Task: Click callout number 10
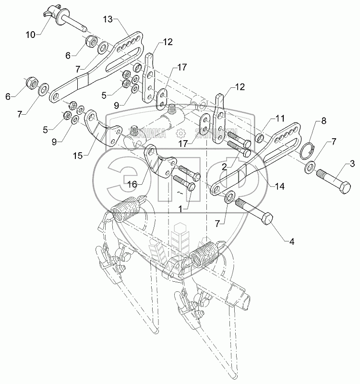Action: tap(31, 35)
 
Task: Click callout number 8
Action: tap(324, 120)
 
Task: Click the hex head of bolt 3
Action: tap(344, 185)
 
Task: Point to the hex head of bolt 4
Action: tap(266, 220)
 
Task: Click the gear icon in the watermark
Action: tap(181, 134)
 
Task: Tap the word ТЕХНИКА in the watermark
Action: tap(148, 134)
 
